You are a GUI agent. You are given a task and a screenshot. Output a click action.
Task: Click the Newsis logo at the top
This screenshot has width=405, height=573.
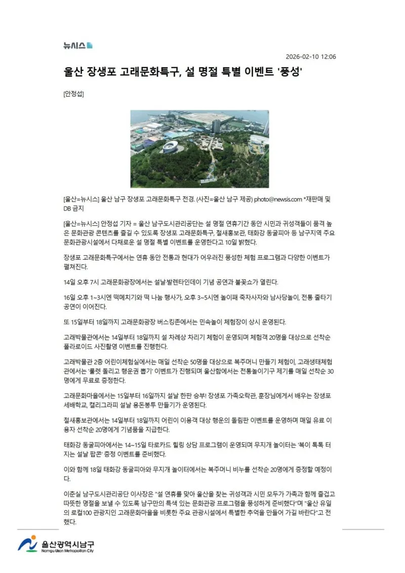77,46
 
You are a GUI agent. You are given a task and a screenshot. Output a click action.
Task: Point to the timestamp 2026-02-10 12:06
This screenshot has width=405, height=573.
311,57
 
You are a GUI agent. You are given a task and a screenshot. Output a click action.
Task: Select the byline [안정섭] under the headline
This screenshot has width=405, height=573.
73,94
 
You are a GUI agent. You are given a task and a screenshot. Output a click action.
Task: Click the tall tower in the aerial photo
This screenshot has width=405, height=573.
216,126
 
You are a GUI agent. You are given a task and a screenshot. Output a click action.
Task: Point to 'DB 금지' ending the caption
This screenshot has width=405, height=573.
73,208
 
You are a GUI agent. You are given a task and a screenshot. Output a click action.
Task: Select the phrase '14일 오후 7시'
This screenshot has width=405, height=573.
83,281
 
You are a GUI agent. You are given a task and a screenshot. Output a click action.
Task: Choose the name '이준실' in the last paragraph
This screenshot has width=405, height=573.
72,492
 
